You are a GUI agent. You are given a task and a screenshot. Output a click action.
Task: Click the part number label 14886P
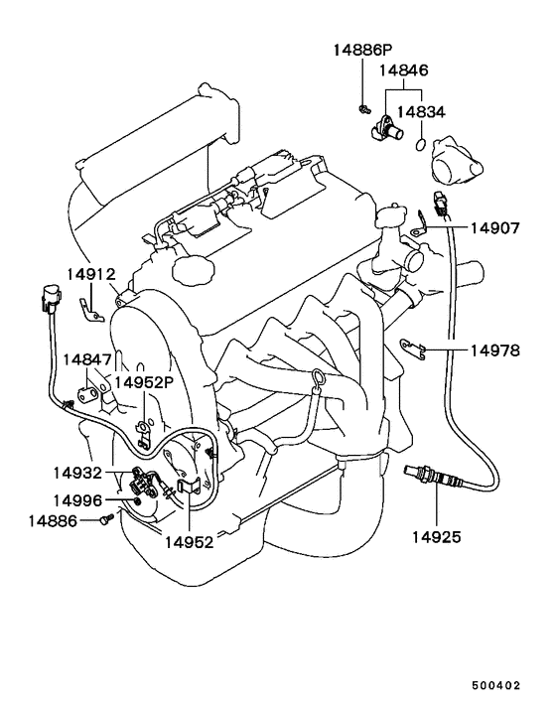363,50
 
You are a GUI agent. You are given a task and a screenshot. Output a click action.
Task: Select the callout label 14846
403,70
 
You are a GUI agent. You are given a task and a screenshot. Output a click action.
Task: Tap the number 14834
421,112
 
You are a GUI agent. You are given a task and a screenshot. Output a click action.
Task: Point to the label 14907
495,228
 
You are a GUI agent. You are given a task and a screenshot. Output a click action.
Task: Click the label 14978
495,350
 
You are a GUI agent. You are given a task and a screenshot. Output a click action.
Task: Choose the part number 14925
436,537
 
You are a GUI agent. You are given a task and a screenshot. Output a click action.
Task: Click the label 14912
91,274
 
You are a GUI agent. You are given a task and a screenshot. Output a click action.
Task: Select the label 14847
86,359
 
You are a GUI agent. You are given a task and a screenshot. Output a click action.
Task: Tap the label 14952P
144,382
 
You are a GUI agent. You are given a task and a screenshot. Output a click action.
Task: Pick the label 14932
77,473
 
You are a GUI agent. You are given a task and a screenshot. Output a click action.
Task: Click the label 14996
77,500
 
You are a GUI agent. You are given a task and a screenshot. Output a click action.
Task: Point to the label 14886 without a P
53,521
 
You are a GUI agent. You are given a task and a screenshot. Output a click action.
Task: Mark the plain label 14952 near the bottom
190,542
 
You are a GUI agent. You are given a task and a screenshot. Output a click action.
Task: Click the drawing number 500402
496,685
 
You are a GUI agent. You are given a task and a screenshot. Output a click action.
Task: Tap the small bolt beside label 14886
107,519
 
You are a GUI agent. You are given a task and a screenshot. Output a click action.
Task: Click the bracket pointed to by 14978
411,349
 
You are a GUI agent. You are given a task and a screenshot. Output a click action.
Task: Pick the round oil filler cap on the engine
194,271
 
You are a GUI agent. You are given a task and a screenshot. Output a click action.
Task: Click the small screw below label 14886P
364,108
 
